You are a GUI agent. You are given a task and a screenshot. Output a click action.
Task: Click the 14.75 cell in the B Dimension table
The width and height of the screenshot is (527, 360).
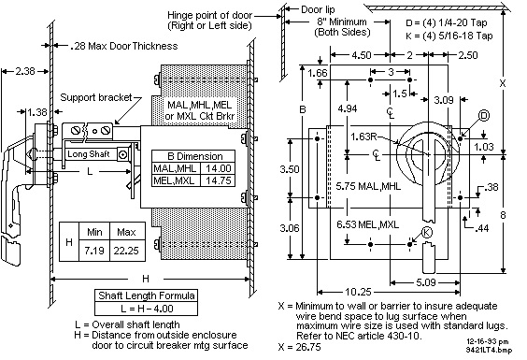(218, 180)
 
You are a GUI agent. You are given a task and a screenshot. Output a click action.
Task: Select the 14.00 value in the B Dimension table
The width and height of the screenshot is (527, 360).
(218, 168)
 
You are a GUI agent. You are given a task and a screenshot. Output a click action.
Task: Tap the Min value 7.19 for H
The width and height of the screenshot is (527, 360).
(94, 251)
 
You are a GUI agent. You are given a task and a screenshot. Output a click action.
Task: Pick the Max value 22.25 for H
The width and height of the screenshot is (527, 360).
(126, 251)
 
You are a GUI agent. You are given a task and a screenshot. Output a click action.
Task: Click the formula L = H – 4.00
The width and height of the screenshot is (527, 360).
(146, 309)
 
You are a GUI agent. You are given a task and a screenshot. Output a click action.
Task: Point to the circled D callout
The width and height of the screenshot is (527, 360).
(484, 116)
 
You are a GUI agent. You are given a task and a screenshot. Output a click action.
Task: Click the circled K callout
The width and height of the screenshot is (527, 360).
(426, 232)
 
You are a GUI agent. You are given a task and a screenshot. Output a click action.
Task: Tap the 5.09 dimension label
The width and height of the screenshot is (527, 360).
(426, 282)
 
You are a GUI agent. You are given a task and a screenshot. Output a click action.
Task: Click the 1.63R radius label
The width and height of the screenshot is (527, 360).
(363, 137)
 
